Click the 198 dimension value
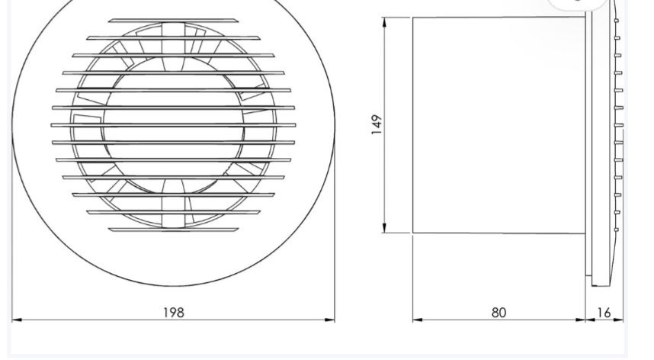point(174,311)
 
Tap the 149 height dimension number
point(377,124)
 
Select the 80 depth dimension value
point(499,311)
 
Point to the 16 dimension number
point(604,311)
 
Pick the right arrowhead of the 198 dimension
point(330,320)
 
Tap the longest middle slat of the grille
point(174,124)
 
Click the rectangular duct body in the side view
point(499,124)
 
